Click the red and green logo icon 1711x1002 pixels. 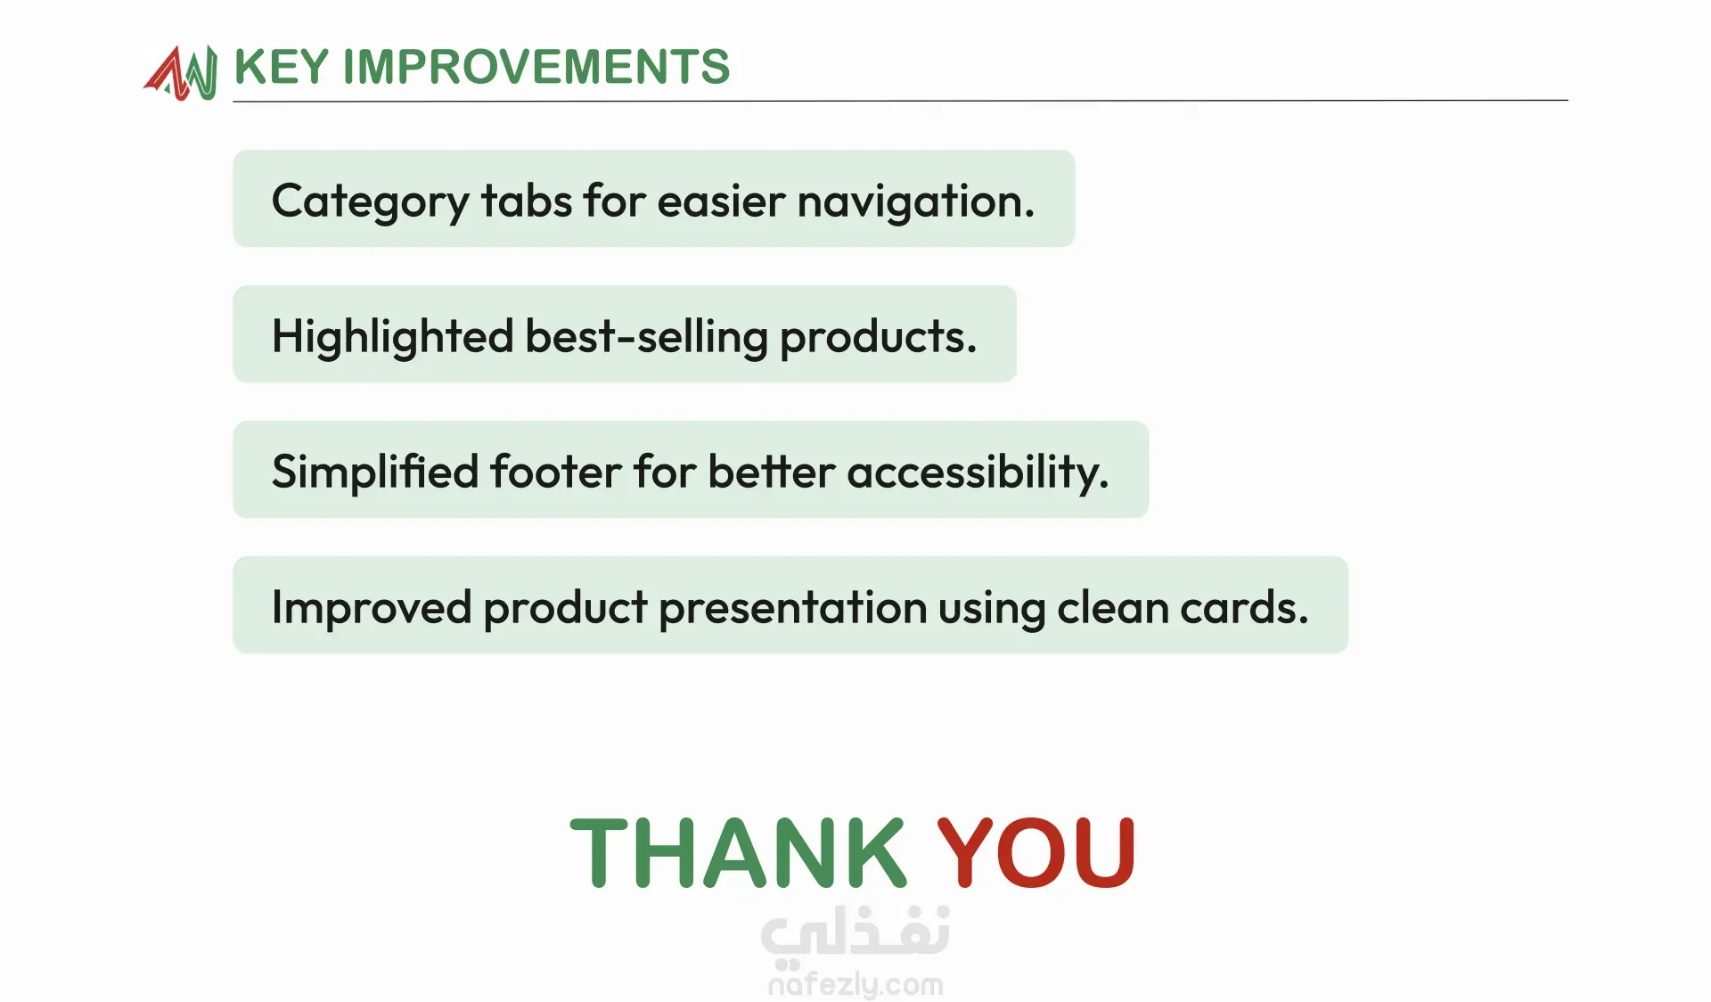[x=180, y=72]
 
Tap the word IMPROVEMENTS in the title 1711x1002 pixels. [x=536, y=67]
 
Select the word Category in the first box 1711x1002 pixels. [x=370, y=201]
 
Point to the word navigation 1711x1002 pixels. [x=916, y=201]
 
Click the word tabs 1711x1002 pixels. [x=527, y=200]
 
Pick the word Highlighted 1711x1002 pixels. [x=393, y=337]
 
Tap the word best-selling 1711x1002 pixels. [x=647, y=337]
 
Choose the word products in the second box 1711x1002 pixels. [x=879, y=337]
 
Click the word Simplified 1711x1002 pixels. [x=375, y=472]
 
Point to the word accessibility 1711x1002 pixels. [x=978, y=472]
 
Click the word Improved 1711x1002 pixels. [x=372, y=607]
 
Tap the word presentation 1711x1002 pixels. [x=793, y=607]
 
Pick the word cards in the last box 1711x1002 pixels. [x=1245, y=607]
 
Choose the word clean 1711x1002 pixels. [x=1113, y=607]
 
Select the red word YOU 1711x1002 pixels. [x=1036, y=853]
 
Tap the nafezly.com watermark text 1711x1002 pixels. [x=855, y=984]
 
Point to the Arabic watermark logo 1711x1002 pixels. [x=855, y=934]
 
